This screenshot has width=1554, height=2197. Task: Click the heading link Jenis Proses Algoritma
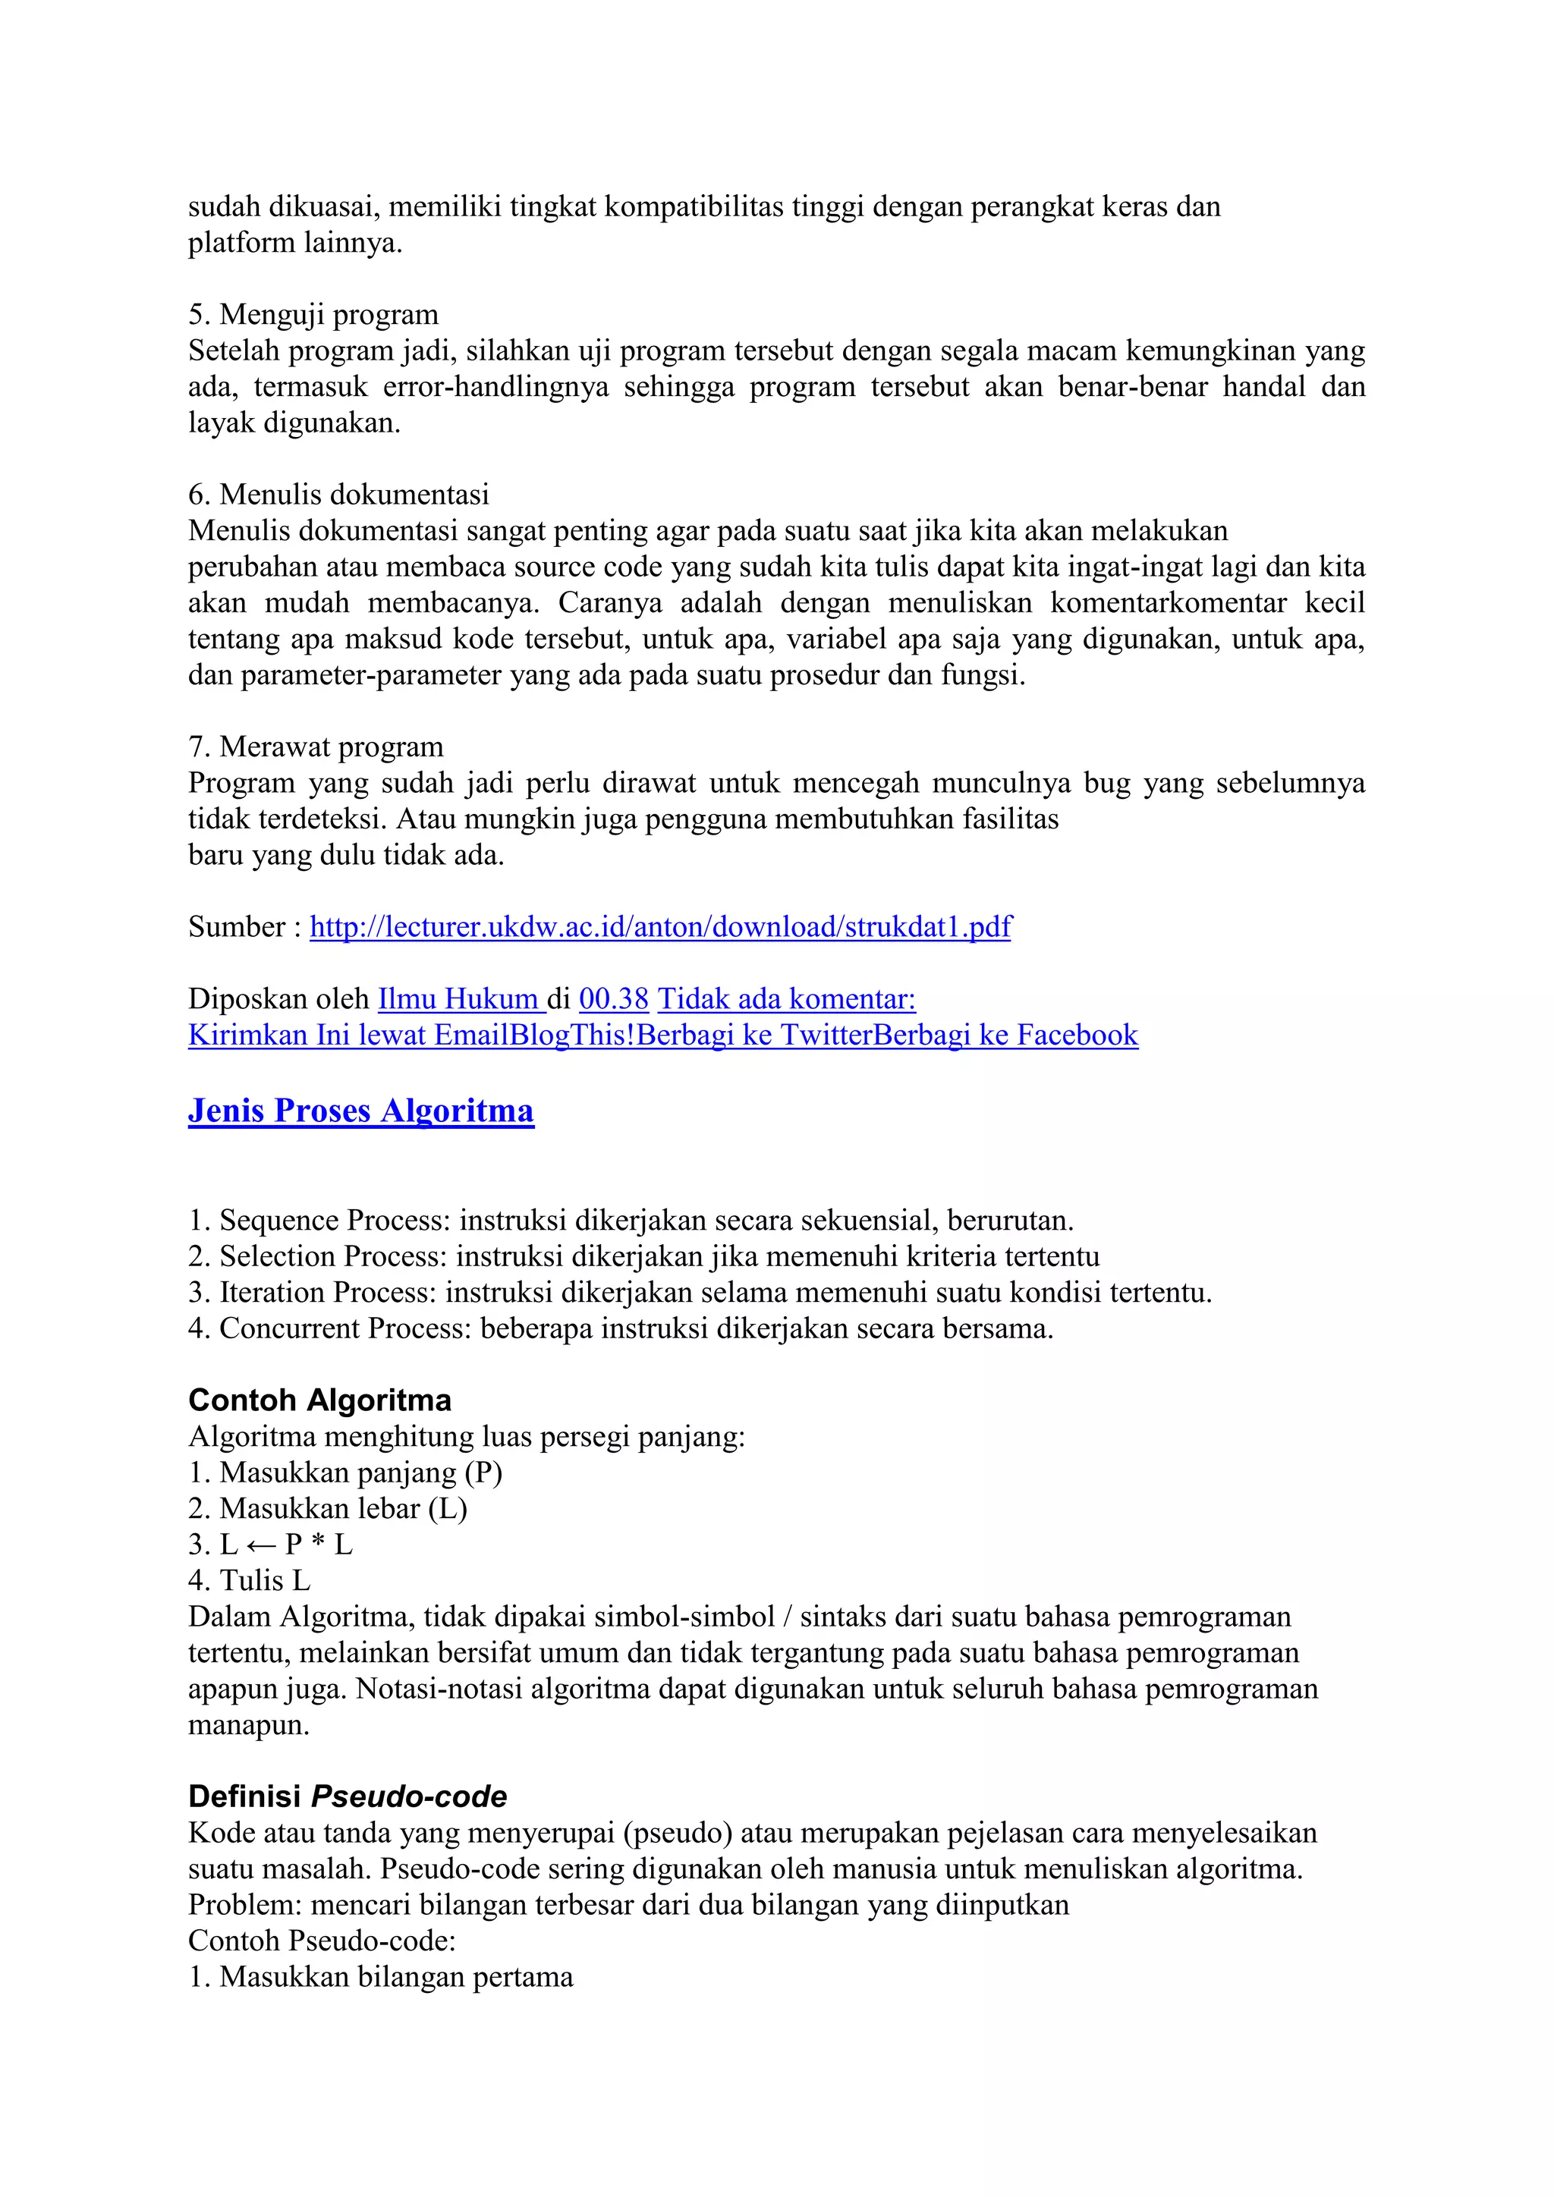pyautogui.click(x=360, y=1110)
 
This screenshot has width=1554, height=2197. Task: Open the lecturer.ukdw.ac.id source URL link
pyautogui.click(x=660, y=926)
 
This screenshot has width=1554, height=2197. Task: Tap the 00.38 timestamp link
pyautogui.click(x=613, y=999)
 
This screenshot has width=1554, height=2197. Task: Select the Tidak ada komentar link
pyautogui.click(x=787, y=999)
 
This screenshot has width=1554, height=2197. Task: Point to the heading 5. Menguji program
pyautogui.click(x=313, y=314)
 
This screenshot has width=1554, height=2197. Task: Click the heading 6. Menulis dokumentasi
pyautogui.click(x=338, y=494)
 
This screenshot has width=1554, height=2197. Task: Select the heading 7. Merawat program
pyautogui.click(x=316, y=746)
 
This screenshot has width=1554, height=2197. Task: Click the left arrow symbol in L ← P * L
pyautogui.click(x=261, y=1545)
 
